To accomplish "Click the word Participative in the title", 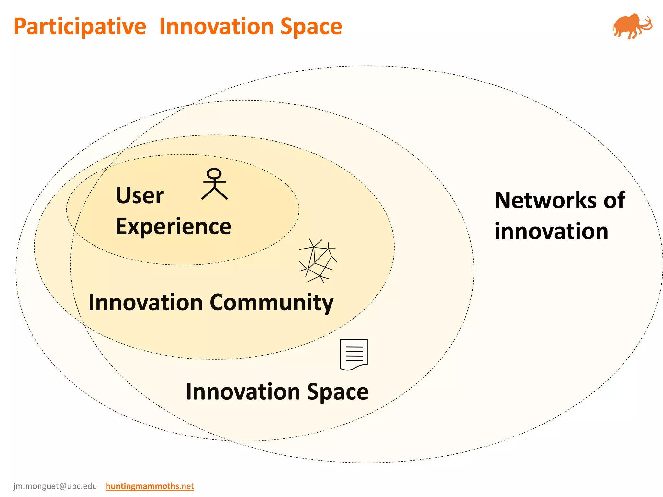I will tap(80, 27).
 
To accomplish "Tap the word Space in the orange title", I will tap(311, 27).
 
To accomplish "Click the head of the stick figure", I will tap(214, 173).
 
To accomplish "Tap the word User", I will tap(140, 195).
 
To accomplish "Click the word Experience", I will tap(174, 226).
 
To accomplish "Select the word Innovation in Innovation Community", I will tap(146, 303).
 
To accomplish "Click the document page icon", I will tap(354, 354).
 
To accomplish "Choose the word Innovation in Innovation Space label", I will tap(243, 392).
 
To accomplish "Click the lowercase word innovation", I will tap(551, 231).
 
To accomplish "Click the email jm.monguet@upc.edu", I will tap(55, 486).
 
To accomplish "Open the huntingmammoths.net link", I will tap(150, 486).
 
